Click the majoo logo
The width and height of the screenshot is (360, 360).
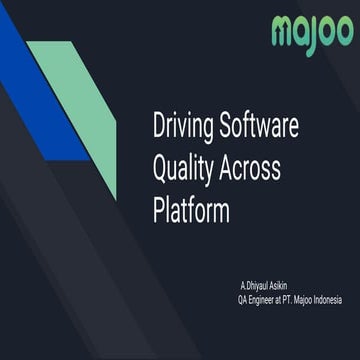(x=312, y=33)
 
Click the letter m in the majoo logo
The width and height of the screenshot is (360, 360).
(x=283, y=33)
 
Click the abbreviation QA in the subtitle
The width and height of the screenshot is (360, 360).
(x=243, y=298)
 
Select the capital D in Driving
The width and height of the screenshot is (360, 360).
(x=159, y=128)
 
